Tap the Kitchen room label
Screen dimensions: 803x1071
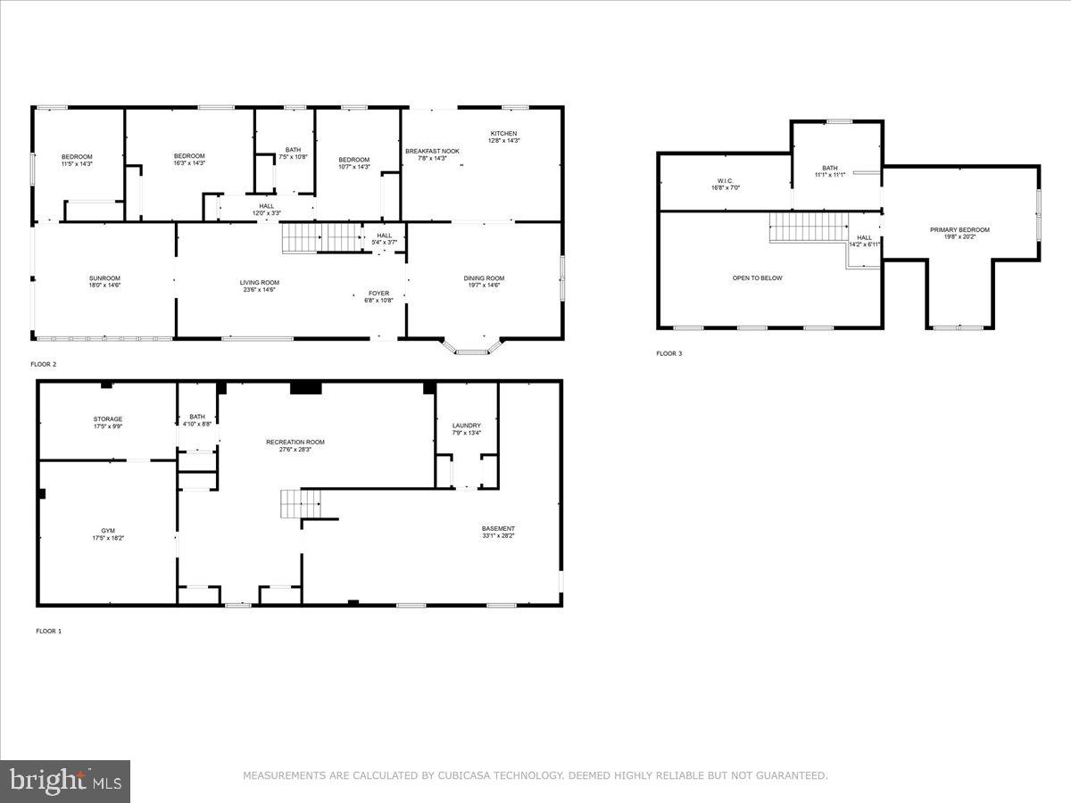point(503,134)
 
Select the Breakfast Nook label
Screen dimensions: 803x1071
point(432,152)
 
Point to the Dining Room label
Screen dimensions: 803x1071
point(484,278)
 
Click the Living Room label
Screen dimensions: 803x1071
point(259,283)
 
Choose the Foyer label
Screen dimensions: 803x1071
point(378,294)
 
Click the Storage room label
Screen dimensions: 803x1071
point(108,419)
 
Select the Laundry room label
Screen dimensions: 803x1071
point(467,426)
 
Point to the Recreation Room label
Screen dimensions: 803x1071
point(295,443)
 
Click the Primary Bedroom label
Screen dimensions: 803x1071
point(959,230)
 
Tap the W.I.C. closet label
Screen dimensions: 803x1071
point(725,180)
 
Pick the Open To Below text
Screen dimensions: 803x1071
point(757,278)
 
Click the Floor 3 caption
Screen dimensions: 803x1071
point(668,354)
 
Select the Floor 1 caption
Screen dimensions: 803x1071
point(48,632)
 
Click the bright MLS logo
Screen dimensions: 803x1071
point(65,782)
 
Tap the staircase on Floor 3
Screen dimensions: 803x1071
point(809,227)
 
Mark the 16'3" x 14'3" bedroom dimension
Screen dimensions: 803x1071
point(189,163)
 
